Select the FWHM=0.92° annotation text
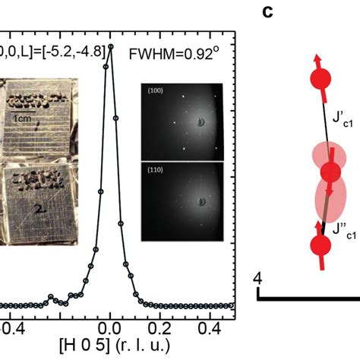[x=183, y=54]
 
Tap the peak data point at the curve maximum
[x=111, y=46]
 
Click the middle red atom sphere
[x=330, y=172]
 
